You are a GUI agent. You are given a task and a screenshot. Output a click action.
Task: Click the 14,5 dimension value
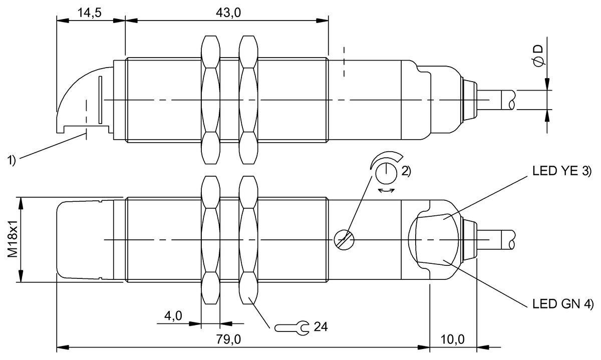pyautogui.click(x=90, y=13)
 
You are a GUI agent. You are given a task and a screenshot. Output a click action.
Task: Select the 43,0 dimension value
pyautogui.click(x=228, y=13)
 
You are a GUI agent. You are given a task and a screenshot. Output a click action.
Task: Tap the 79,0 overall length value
pyautogui.click(x=228, y=339)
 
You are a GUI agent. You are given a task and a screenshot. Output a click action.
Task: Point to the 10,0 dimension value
pyautogui.click(x=452, y=339)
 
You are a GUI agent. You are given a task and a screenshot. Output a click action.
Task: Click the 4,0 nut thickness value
pyautogui.click(x=173, y=316)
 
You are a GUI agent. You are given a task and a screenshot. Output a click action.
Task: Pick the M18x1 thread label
pyautogui.click(x=13, y=239)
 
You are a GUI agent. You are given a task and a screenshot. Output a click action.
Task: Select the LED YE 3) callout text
pyautogui.click(x=562, y=171)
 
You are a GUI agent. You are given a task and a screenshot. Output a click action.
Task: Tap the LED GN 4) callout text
pyautogui.click(x=563, y=304)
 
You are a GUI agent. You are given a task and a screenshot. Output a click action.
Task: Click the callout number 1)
pyautogui.click(x=11, y=160)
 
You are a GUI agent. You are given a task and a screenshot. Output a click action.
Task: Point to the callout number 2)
pyautogui.click(x=406, y=171)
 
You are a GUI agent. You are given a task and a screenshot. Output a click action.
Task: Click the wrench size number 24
pyautogui.click(x=321, y=327)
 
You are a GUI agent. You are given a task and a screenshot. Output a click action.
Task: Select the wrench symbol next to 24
pyautogui.click(x=291, y=328)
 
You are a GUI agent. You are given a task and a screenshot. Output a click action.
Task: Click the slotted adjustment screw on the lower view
pyautogui.click(x=344, y=240)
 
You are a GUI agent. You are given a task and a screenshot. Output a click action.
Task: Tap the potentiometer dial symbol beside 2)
pyautogui.click(x=386, y=173)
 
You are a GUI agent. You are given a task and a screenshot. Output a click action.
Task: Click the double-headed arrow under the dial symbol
pyautogui.click(x=386, y=191)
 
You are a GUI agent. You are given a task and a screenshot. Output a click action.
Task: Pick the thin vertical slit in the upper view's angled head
pyautogui.click(x=100, y=100)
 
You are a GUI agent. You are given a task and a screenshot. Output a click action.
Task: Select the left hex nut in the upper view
pyautogui.click(x=211, y=100)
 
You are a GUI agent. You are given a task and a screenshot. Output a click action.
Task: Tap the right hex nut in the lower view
pyautogui.click(x=248, y=240)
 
